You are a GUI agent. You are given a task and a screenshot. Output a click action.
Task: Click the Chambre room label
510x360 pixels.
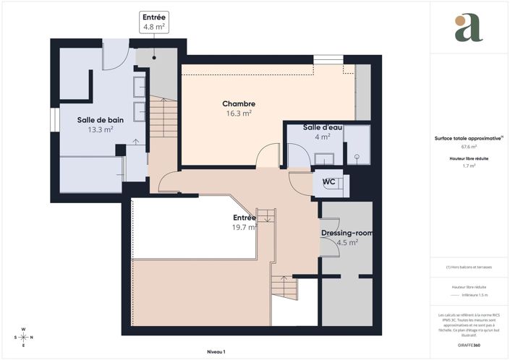tap(238, 103)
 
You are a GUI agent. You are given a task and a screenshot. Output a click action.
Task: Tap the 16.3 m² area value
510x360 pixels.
tap(238, 113)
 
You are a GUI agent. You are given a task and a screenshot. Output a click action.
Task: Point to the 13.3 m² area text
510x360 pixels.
tap(100, 129)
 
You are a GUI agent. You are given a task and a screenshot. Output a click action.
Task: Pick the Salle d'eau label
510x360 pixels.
tap(323, 127)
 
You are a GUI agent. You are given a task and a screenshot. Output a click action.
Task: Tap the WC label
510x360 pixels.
tap(328, 181)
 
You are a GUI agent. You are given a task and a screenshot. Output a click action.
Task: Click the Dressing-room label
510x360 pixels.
tap(347, 233)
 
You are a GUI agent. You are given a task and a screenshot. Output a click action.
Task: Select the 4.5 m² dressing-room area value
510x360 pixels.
tap(347, 243)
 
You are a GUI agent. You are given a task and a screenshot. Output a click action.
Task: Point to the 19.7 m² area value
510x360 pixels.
tap(244, 227)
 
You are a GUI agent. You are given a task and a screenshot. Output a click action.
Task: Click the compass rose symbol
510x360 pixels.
tap(23, 338)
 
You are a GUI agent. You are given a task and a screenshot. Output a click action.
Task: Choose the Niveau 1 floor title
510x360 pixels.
tap(216, 351)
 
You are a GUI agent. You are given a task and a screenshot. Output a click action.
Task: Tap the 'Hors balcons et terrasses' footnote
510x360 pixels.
tap(469, 267)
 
